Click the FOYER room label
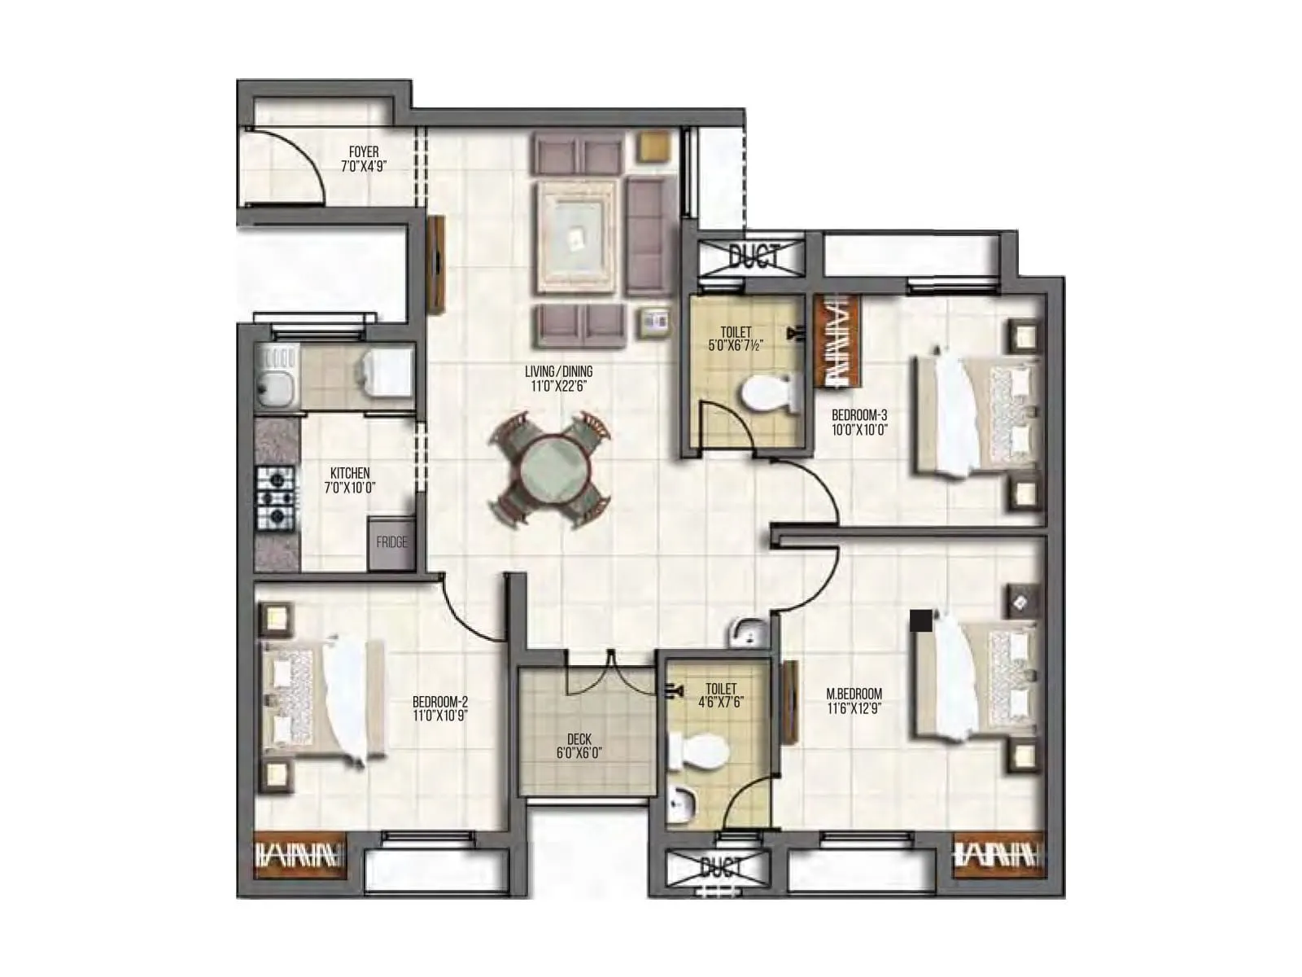[363, 151]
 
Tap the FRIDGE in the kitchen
[391, 542]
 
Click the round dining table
[549, 473]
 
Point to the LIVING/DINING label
[558, 372]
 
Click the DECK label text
[579, 739]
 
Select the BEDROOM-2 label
[440, 702]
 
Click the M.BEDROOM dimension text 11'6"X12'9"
[854, 708]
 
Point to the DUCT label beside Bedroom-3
[754, 256]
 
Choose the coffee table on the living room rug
[576, 236]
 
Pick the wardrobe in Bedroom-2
[300, 854]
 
